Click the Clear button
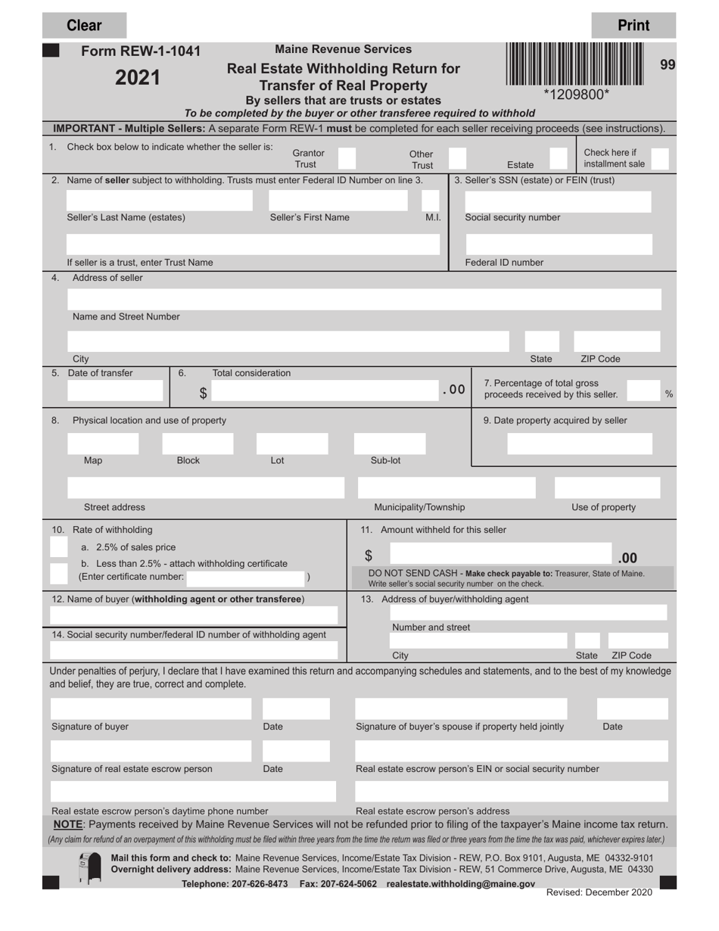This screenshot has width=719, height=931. coord(84,26)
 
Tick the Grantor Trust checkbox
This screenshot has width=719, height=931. coord(346,159)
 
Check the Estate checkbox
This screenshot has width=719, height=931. coord(557,159)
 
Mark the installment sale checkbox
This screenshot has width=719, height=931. coord(659,159)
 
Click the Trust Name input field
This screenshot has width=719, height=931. coord(253,244)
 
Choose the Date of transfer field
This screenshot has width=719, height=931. coord(115,391)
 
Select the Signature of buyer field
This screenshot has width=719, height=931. coord(151,709)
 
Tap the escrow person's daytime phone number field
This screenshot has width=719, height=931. coord(193,792)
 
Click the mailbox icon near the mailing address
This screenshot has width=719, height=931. coord(89,868)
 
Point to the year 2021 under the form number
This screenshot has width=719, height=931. coord(138,77)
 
